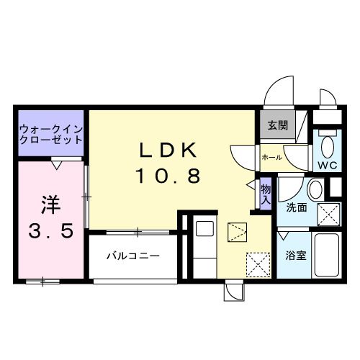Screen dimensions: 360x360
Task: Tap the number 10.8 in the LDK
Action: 167,175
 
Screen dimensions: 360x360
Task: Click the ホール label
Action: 271,156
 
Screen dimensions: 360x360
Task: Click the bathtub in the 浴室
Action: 327,256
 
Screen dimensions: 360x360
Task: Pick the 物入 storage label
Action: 266,194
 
